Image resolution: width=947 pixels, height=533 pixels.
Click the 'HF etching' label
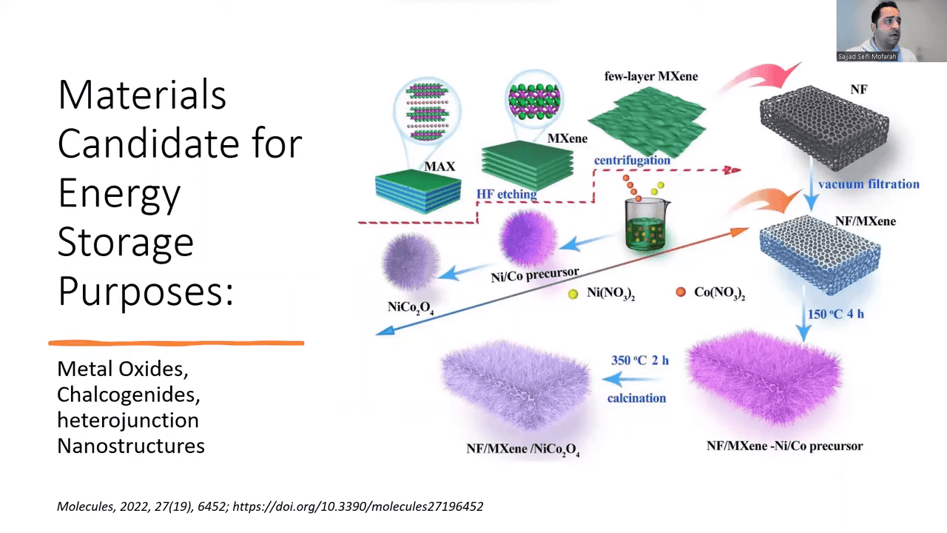coord(507,194)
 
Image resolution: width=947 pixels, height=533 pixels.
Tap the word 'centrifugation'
coord(632,161)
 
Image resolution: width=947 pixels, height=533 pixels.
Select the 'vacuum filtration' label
coord(869,184)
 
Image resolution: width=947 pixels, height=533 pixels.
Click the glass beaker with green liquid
coord(646,225)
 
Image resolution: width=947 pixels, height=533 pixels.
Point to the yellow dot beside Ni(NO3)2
coord(573,294)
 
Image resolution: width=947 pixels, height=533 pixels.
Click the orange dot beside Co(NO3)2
coord(681,292)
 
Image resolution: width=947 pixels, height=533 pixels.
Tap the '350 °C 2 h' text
coord(640,360)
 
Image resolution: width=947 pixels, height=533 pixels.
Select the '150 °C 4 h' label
coord(836,314)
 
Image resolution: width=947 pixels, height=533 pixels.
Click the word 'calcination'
coord(637,398)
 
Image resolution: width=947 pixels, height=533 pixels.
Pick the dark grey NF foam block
coord(823,127)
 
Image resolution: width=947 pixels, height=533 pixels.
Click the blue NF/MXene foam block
coord(820,255)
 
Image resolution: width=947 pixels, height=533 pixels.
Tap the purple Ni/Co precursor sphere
coord(528,238)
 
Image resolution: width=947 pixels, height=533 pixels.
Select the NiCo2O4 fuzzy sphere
coord(410,261)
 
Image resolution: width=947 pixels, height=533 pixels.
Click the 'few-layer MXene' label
coord(651,76)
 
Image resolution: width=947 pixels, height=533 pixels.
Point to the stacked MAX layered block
coord(418,190)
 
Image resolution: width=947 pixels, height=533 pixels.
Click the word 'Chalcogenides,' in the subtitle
coord(129,395)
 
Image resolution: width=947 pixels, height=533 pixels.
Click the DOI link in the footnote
coord(357,506)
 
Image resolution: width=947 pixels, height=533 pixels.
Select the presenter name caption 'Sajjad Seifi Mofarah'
coord(867,56)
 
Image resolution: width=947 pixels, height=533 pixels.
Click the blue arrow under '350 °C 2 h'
coord(632,378)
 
